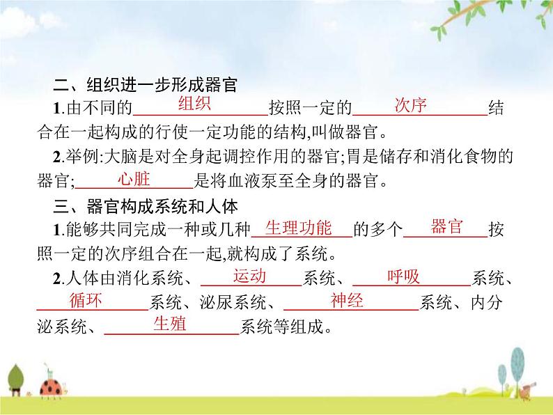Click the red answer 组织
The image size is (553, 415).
pos(194,104)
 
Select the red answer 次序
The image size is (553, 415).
pos(410,104)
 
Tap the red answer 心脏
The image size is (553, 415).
pos(134,179)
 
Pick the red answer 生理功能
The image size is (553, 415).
pos(298,228)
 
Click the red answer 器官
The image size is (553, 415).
pos(446,226)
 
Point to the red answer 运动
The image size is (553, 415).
pos(249,276)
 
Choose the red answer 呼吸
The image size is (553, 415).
pos(403,276)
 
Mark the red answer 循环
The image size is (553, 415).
pos(86,300)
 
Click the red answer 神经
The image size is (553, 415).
pos(347,300)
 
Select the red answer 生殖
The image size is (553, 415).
pos(170,323)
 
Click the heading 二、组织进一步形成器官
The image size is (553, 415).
pos(146,85)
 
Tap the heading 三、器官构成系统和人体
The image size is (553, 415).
pos(146,206)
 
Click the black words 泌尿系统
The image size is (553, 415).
pos(233,302)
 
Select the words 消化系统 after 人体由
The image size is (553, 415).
pos(150,279)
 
